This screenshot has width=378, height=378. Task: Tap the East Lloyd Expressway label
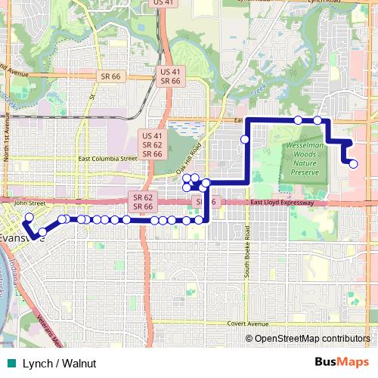point(281,203)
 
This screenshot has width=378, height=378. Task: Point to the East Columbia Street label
point(107,160)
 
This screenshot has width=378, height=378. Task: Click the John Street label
point(30,203)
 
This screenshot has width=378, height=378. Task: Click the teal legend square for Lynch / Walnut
point(10,363)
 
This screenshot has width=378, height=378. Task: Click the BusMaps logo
point(341,362)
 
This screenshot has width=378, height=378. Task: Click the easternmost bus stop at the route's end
point(353,163)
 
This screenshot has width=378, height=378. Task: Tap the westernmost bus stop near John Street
point(29,218)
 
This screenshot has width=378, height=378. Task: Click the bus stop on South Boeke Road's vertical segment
point(246,139)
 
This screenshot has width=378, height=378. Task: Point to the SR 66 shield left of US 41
point(110,76)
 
